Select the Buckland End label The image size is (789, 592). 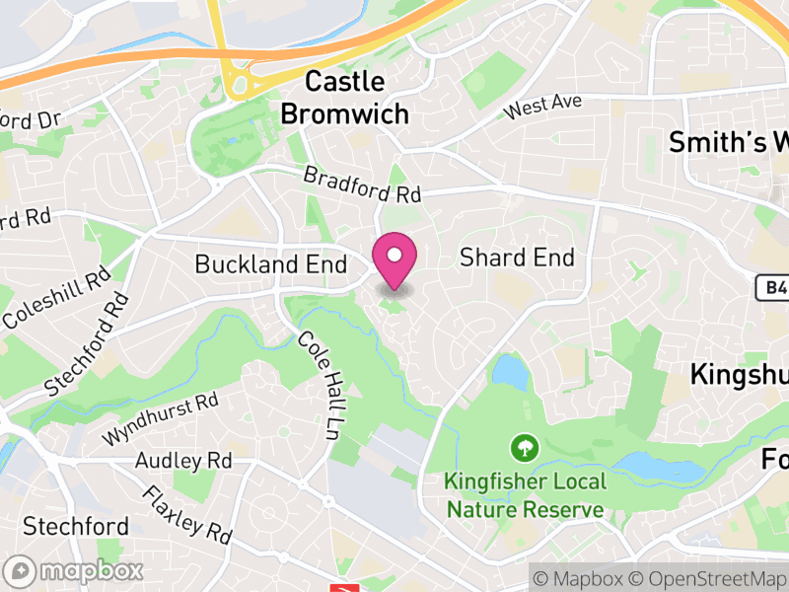tap(270, 264)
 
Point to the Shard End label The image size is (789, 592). tap(517, 259)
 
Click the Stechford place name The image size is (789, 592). tap(76, 525)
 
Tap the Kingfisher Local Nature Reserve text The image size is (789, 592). tap(524, 495)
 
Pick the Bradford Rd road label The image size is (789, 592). tap(362, 185)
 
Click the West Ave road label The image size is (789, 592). tap(542, 106)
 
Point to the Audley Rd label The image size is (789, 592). tap(182, 461)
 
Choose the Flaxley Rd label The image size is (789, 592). tap(185, 515)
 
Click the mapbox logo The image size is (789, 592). tap(75, 570)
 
